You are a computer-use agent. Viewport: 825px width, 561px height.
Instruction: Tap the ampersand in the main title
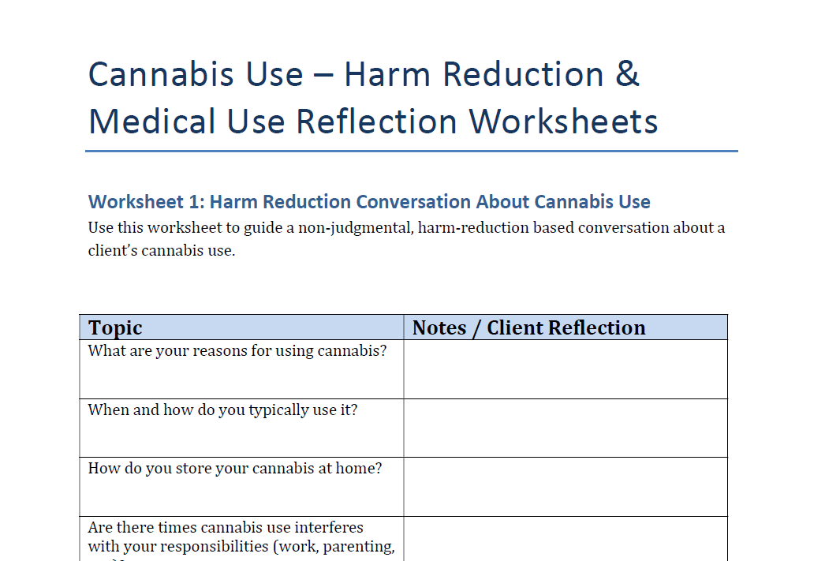pos(626,74)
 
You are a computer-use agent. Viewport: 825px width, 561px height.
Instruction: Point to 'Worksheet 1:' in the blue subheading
pos(146,202)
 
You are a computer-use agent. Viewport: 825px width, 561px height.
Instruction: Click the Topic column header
pos(115,328)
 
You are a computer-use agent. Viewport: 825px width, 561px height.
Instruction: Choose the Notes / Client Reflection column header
pos(528,328)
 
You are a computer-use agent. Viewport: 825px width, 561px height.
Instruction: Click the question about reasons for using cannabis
pos(237,350)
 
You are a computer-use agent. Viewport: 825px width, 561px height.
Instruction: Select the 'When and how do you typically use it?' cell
pos(222,410)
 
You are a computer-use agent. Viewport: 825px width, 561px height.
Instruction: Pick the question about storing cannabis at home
pos(235,468)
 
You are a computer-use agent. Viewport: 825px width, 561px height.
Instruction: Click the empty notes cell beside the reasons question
pos(565,369)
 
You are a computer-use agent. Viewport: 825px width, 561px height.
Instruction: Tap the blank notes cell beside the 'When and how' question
pos(565,428)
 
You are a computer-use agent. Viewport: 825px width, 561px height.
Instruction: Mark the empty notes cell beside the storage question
pos(565,487)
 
